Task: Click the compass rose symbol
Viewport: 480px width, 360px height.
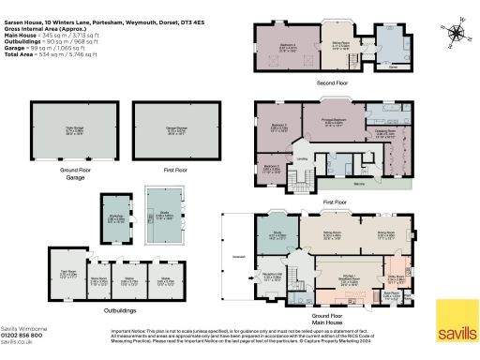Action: tap(457, 34)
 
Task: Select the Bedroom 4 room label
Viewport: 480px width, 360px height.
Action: tap(278, 43)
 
